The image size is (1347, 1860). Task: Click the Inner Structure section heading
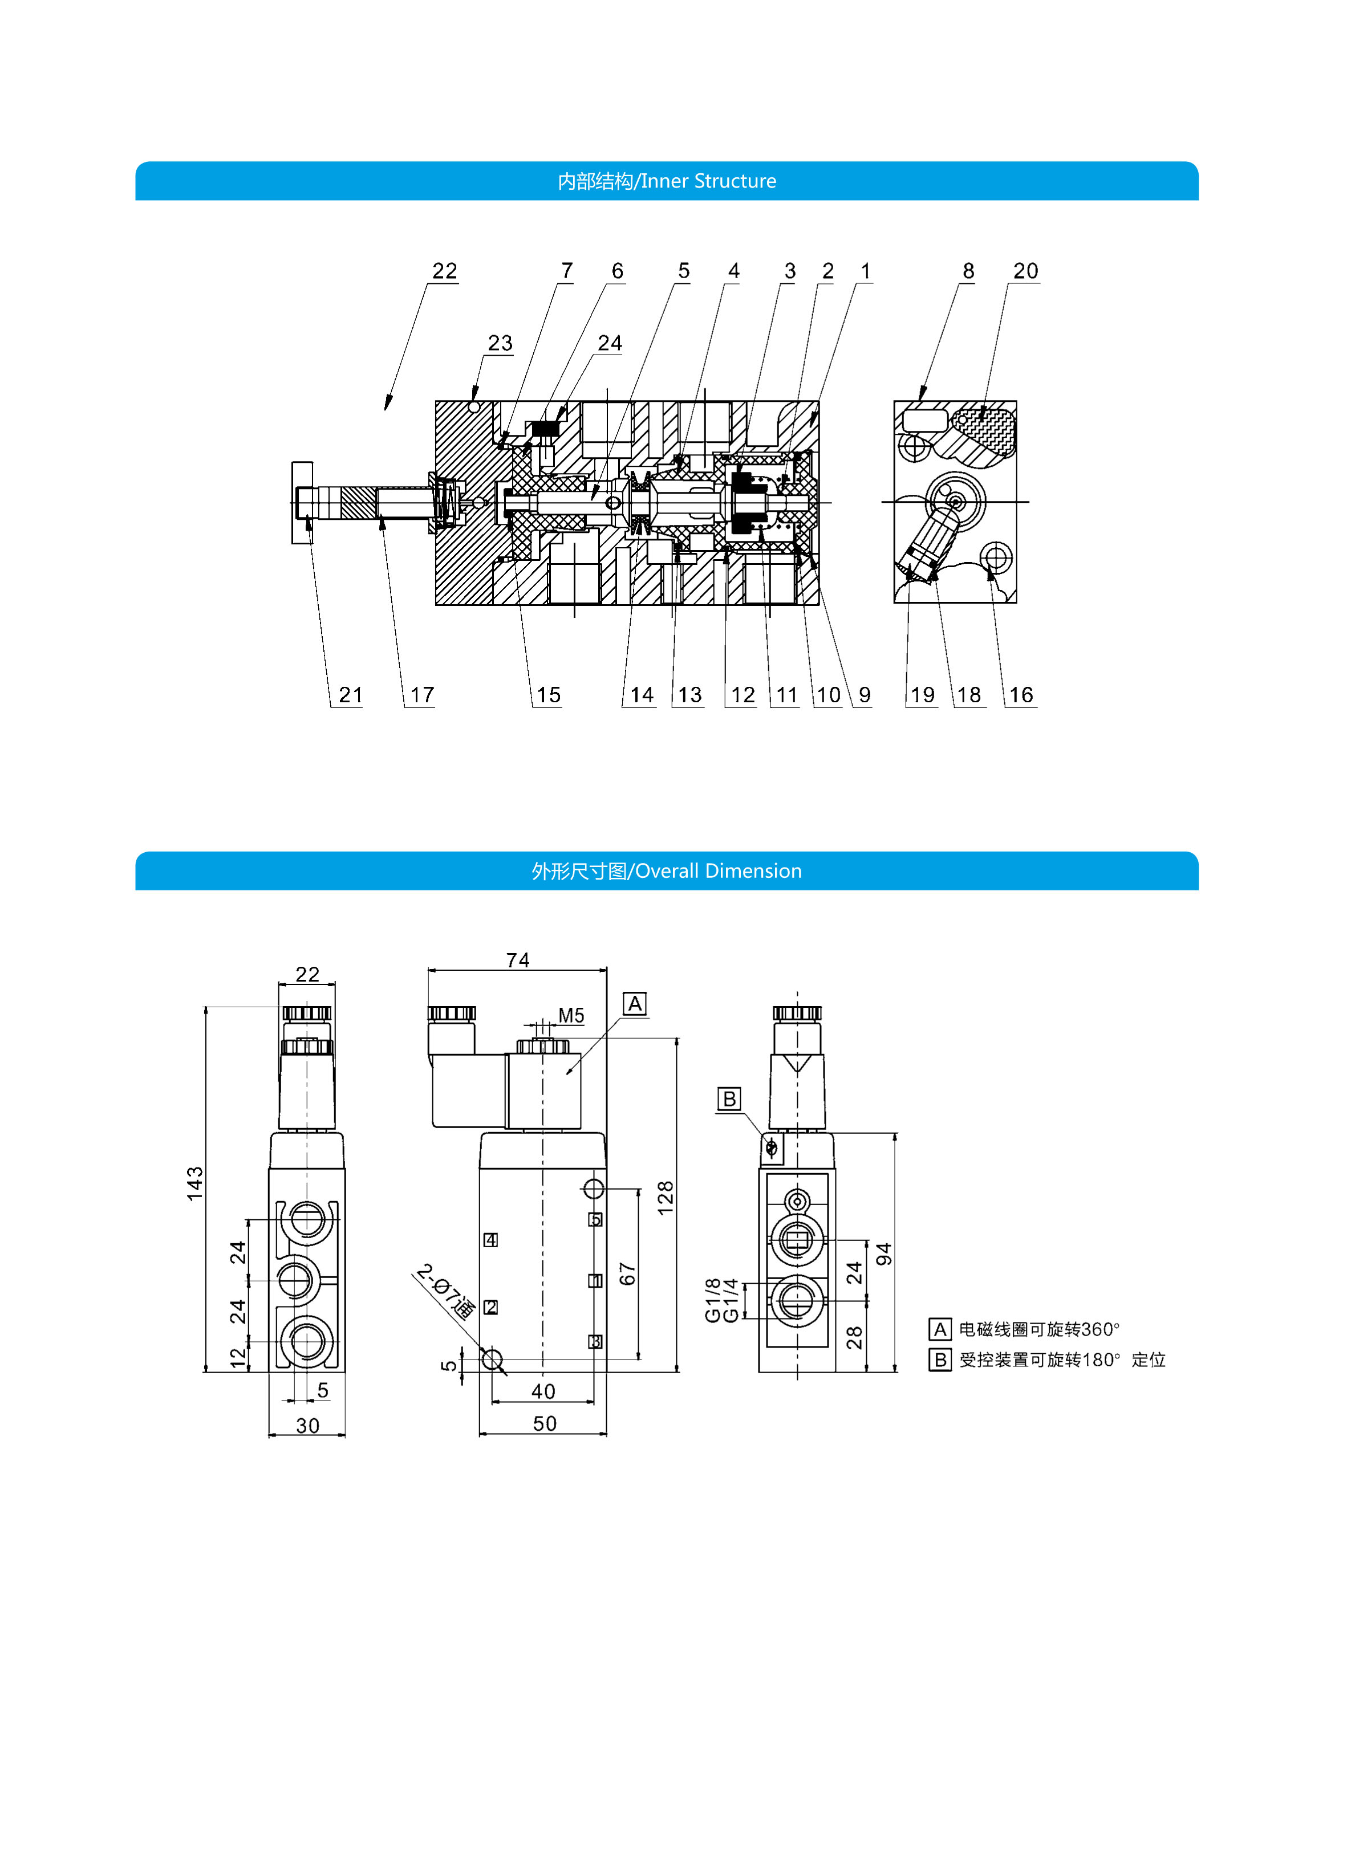pos(666,181)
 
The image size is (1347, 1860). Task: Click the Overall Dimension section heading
pos(666,871)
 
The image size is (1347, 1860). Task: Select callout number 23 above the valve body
pos(500,343)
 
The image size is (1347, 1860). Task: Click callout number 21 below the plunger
pos(350,695)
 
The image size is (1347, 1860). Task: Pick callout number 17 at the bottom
pos(421,695)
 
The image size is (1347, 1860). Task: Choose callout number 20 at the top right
pos(1025,271)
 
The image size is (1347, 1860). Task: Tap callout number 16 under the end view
pos(1020,695)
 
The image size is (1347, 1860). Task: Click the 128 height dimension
pos(666,1198)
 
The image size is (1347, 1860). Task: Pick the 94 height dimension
pos(883,1254)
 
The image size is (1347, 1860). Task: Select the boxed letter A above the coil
pos(634,1004)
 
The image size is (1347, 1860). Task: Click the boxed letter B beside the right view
pos(728,1099)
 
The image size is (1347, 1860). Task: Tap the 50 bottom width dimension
pos(545,1424)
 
